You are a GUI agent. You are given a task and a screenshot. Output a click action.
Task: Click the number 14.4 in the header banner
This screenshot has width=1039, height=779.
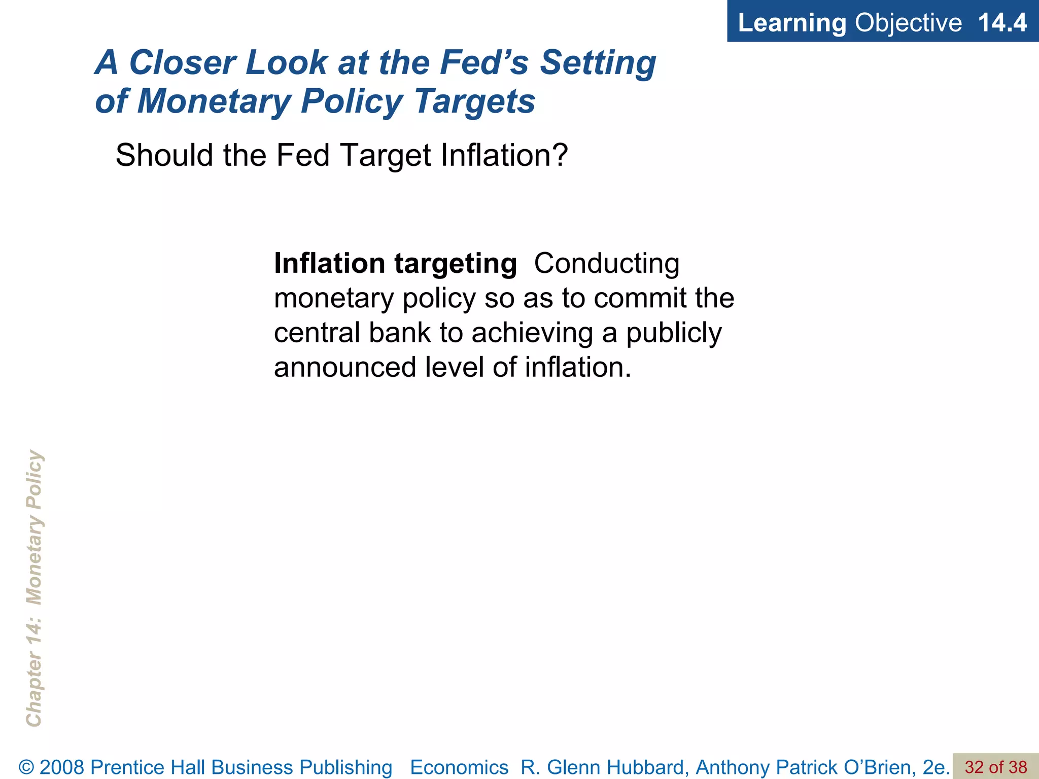coord(1001,23)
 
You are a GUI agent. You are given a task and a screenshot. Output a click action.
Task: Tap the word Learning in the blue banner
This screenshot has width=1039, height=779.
coord(791,23)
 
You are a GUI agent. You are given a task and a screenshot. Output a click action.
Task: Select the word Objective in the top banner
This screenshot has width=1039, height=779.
coord(908,23)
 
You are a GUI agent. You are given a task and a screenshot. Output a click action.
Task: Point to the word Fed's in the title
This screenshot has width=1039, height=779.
coord(484,62)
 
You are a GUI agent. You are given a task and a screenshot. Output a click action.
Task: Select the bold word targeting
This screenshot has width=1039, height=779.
coord(456,264)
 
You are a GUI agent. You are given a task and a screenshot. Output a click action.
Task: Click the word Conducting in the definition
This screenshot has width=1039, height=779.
coord(607,263)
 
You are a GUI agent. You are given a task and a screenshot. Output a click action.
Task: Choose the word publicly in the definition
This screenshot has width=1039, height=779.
coord(674,333)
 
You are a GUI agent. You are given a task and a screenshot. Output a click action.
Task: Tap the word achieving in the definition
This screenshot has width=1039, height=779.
coord(532,333)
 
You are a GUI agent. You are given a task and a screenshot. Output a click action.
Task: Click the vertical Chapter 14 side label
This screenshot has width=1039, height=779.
coord(34,588)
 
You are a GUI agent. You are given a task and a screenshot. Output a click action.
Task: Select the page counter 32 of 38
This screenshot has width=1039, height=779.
coord(995,767)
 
